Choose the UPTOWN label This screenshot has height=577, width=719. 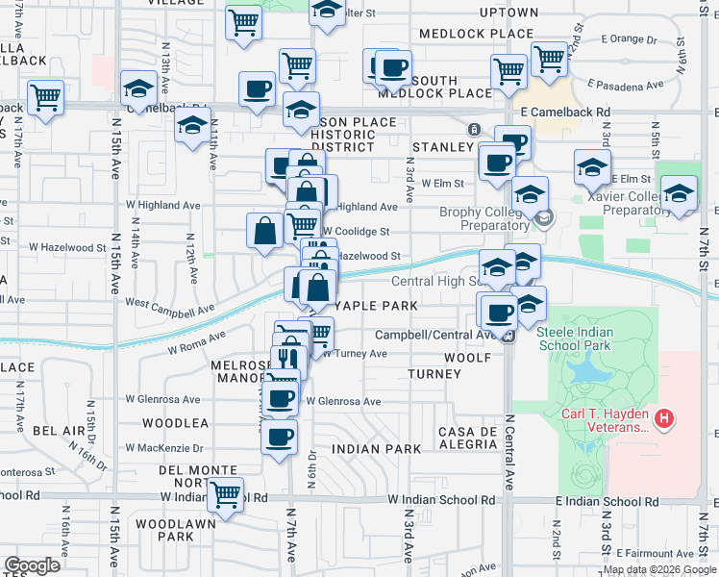tap(508, 13)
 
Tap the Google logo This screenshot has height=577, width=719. tap(32, 564)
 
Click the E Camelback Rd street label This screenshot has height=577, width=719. tap(565, 112)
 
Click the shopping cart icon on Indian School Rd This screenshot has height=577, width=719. tap(225, 496)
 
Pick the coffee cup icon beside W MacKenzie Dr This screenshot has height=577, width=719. tap(280, 439)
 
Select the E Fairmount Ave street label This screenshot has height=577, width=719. tap(657, 554)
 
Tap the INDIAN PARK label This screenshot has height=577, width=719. tap(376, 449)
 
